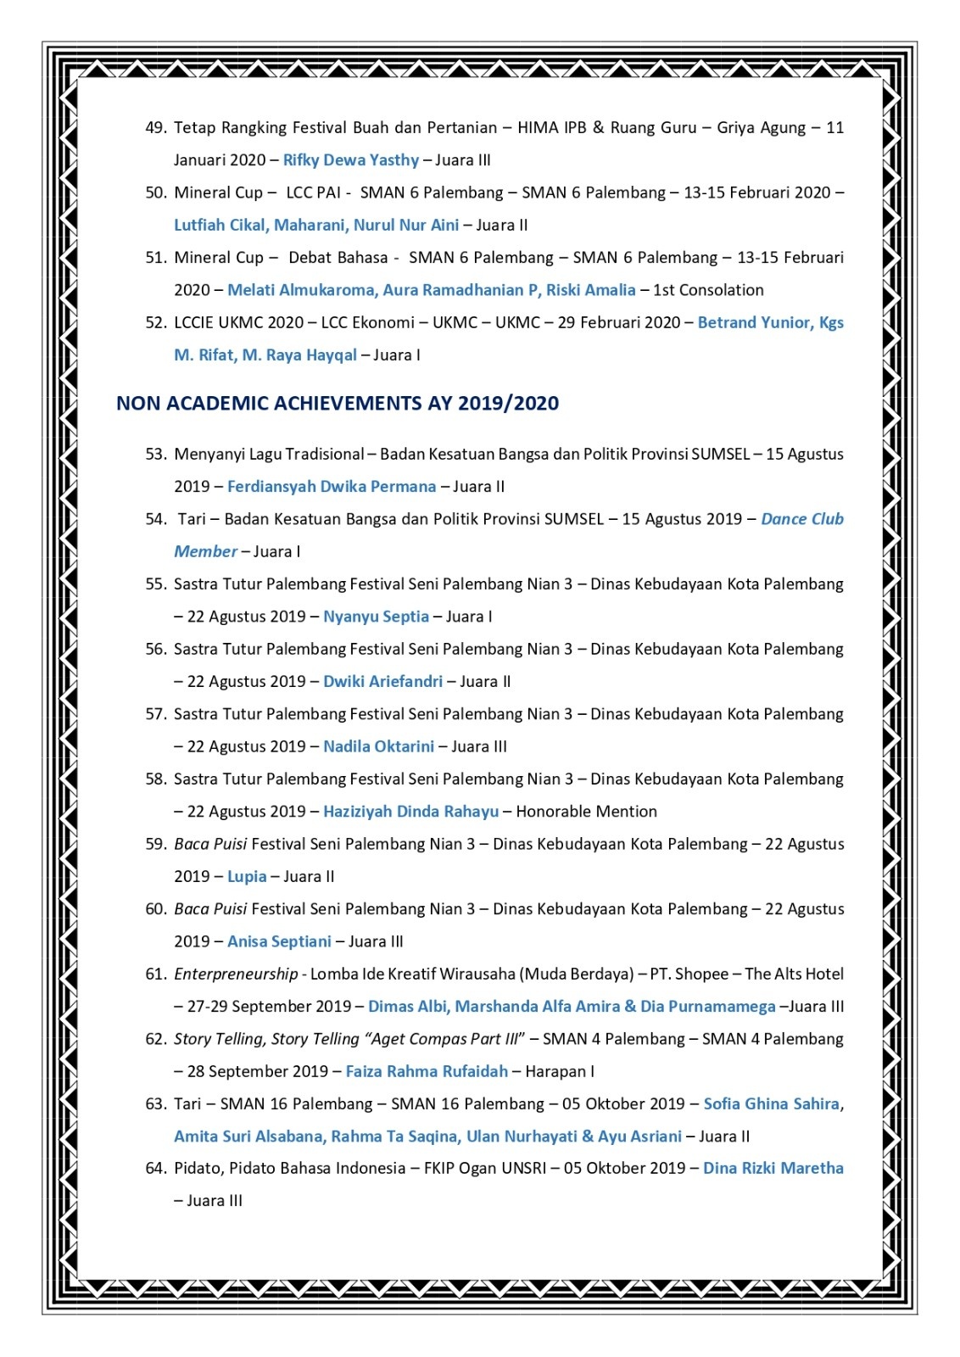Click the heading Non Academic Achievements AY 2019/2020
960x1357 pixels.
[338, 403]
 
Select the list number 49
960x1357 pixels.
[155, 128]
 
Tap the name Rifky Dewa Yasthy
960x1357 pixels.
[351, 160]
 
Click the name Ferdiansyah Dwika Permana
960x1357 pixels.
[332, 487]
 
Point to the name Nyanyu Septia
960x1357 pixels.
[376, 617]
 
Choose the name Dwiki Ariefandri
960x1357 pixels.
[382, 682]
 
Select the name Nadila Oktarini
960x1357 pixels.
[378, 746]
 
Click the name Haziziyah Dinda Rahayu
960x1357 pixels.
[410, 812]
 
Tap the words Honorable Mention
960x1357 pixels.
[586, 812]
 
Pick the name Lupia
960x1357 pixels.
[247, 877]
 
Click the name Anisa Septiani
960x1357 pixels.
[279, 941]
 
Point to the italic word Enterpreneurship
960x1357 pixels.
[236, 974]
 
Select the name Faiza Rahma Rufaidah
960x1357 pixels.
[427, 1071]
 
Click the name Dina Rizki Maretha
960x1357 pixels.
[773, 1168]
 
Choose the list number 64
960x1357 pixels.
[155, 1169]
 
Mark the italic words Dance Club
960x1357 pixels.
[801, 519]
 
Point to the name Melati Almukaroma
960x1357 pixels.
[301, 290]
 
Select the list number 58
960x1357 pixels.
[155, 779]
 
